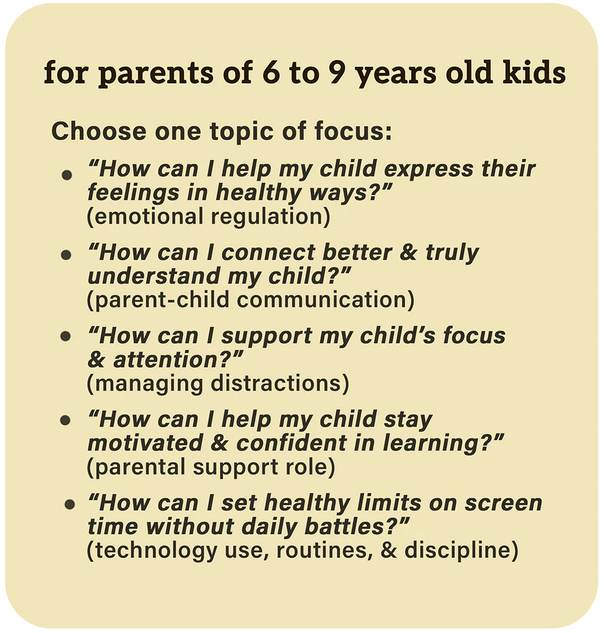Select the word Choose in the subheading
coord(99,131)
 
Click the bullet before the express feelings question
coord(66,175)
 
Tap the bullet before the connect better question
coord(66,255)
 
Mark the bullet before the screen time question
coord(70,504)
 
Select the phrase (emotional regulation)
coord(209,216)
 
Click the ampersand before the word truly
coord(409,252)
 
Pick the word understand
coord(153,275)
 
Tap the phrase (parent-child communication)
coord(251,300)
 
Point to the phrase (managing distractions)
coord(218,384)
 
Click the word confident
coord(292,443)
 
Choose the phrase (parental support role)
coord(211,467)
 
